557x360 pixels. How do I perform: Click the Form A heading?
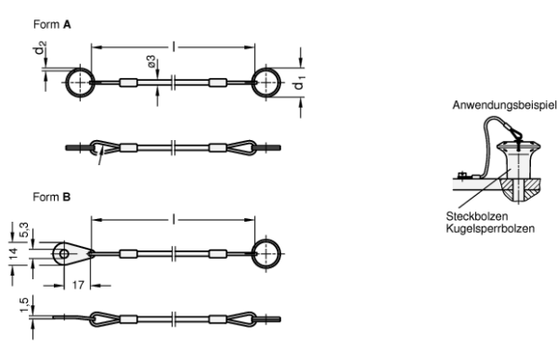(52, 24)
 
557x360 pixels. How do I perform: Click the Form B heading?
(52, 197)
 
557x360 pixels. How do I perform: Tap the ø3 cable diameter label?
(151, 61)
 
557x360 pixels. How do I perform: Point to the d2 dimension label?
(40, 48)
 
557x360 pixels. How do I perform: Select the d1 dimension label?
(298, 84)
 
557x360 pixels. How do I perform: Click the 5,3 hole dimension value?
(23, 230)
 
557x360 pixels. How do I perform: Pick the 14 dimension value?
(13, 253)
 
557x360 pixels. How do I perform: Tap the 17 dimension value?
(78, 285)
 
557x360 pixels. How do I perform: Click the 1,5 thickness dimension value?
(23, 304)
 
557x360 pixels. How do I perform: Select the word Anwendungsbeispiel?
(504, 105)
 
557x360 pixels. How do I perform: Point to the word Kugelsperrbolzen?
(490, 228)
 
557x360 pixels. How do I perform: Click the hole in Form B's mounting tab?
(64, 254)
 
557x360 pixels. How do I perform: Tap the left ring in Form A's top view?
(67, 83)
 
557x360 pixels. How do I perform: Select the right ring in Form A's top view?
(280, 83)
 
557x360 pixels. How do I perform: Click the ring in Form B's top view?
(280, 254)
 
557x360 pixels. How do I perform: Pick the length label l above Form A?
(174, 46)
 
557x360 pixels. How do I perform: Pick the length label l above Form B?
(174, 219)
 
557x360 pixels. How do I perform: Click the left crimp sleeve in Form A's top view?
(128, 83)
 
